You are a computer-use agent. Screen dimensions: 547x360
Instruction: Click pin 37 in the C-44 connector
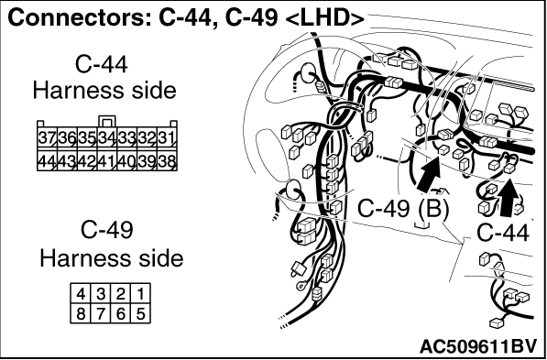click(x=47, y=138)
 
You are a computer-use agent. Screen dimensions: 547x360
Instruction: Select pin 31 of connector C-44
click(x=167, y=138)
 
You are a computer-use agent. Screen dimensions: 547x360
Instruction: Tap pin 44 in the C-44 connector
click(x=47, y=160)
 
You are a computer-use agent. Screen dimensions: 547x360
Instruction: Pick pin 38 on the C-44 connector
click(x=167, y=160)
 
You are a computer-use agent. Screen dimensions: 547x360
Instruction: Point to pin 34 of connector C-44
click(x=107, y=138)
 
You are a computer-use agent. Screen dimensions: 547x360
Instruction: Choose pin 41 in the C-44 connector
click(x=107, y=160)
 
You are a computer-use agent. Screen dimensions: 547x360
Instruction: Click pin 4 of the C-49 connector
click(x=81, y=294)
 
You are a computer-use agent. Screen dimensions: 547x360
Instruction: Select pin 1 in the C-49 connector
click(x=140, y=294)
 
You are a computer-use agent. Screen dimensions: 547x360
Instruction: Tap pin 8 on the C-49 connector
click(x=81, y=313)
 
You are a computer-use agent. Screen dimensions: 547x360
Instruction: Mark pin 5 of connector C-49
click(x=140, y=313)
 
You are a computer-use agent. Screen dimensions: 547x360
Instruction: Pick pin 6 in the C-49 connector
click(x=121, y=313)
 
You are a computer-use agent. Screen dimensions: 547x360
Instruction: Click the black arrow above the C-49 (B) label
click(x=430, y=175)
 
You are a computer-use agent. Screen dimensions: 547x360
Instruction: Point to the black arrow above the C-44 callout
click(x=508, y=197)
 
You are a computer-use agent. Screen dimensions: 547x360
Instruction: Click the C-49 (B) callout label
click(x=403, y=210)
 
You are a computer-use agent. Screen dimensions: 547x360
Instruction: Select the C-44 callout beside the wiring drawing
click(x=503, y=233)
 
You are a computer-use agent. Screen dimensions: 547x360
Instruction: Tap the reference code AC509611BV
click(x=477, y=346)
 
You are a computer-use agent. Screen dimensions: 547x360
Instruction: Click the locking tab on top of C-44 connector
click(x=107, y=122)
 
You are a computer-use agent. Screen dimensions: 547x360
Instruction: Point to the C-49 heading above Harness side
click(x=107, y=230)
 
